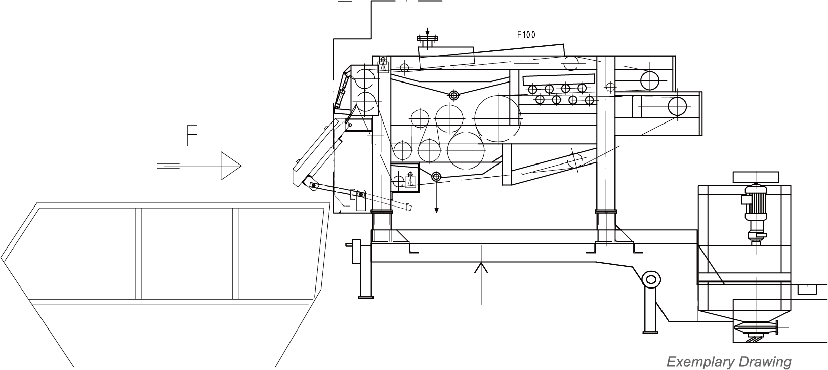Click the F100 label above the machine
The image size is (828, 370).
[526, 35]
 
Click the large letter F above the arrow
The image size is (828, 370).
[192, 135]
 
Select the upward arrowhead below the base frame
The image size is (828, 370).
[481, 267]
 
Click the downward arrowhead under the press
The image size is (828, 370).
[437, 211]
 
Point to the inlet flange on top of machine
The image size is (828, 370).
[427, 38]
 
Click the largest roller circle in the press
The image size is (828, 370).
[498, 118]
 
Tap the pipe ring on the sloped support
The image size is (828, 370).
[651, 280]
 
